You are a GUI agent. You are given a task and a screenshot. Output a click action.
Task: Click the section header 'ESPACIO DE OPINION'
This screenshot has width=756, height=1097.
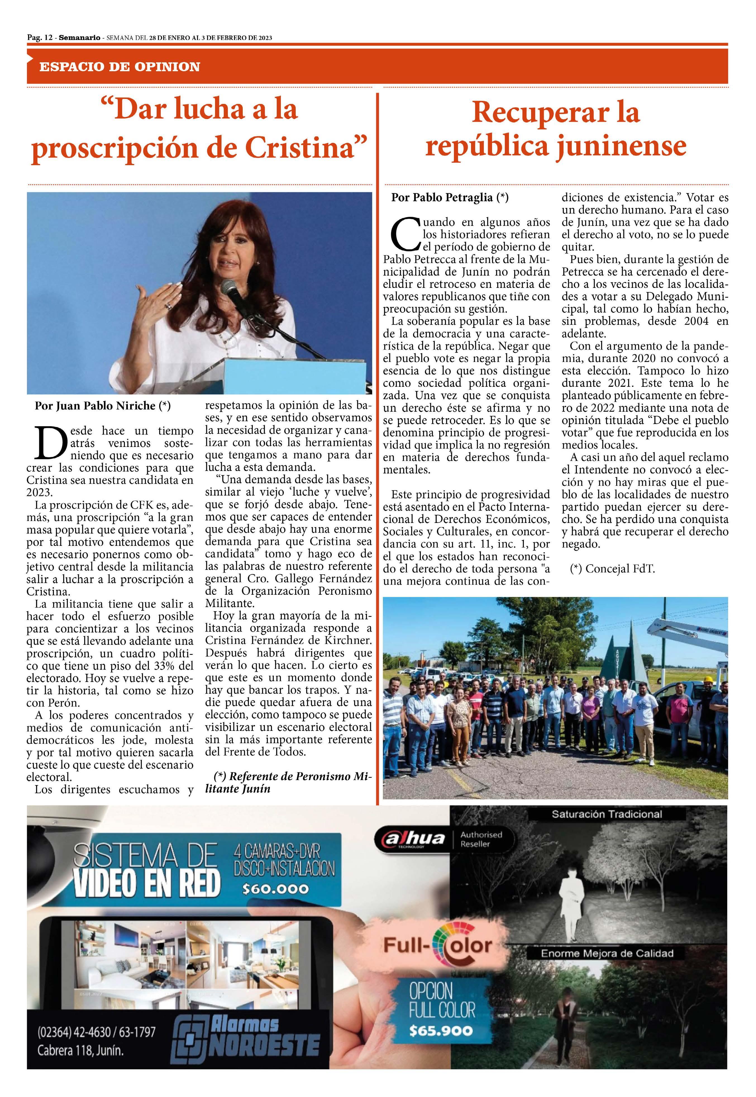click(x=119, y=67)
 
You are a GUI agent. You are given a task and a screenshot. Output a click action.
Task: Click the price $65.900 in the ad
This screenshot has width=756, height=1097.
click(x=440, y=1030)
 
